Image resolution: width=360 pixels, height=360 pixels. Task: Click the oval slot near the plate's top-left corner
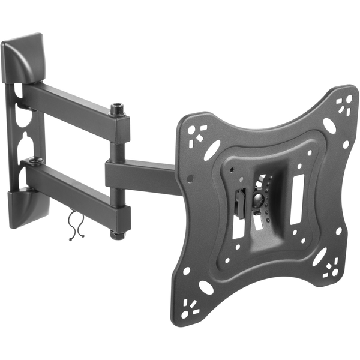coord(211,151)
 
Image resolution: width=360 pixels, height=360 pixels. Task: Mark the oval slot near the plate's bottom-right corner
coord(317,257)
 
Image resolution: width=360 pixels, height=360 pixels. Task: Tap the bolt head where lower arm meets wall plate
coord(35,161)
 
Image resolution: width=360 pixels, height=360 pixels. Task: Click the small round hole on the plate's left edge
coord(190,178)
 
